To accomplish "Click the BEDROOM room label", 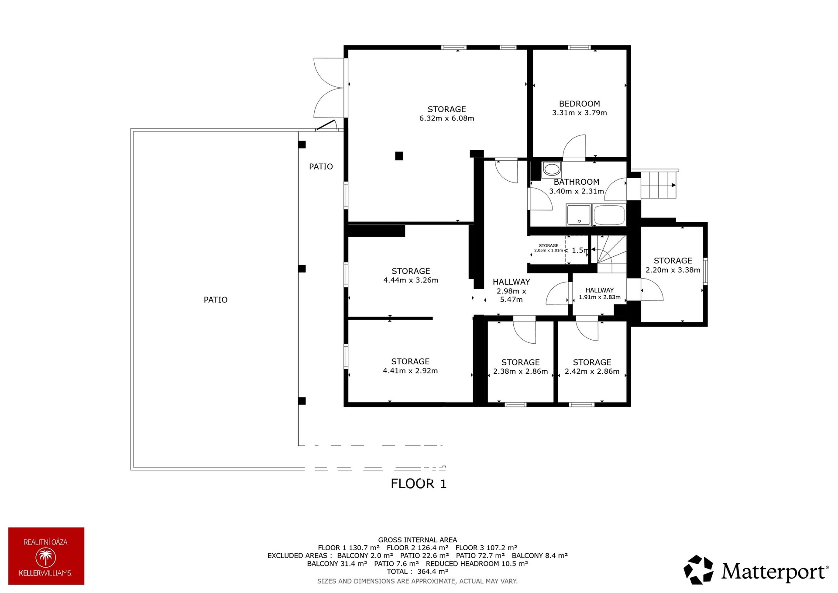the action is click(x=579, y=104).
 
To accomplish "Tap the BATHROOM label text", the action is click(x=577, y=182).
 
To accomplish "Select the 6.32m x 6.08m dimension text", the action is click(x=446, y=118).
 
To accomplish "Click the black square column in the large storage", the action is click(x=399, y=156).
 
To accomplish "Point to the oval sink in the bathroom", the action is click(x=552, y=169).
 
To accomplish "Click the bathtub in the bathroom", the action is click(x=610, y=215).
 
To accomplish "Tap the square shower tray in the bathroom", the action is click(x=579, y=215).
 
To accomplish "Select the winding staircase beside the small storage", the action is click(x=609, y=254).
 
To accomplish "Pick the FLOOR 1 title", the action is click(x=419, y=484).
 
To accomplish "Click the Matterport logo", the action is click(x=756, y=570).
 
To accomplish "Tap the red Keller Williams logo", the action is click(x=46, y=556).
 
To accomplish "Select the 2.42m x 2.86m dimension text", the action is click(x=592, y=372).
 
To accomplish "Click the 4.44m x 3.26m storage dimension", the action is click(x=411, y=280).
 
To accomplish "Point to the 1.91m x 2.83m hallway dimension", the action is click(x=599, y=297).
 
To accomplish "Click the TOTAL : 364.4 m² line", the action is click(x=417, y=572).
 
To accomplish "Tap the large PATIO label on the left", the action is click(x=216, y=300).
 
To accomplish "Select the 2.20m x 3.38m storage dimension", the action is click(x=673, y=270).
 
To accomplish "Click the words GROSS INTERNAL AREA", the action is click(x=417, y=540).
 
